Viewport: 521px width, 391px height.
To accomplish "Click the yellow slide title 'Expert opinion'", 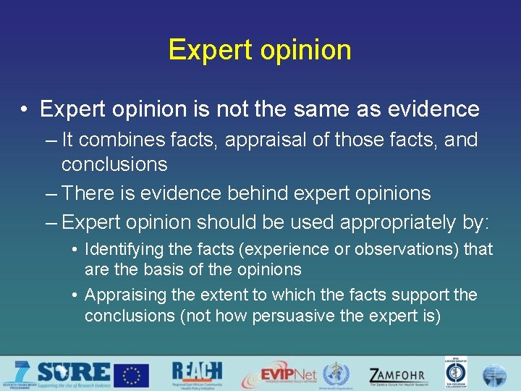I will (260, 50).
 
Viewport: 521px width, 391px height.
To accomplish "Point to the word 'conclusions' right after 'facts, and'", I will (114, 164).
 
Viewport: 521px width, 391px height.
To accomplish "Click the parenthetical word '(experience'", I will (254, 250).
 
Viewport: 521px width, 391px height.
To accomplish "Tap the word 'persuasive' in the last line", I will (289, 316).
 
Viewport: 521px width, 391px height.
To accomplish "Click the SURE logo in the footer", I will (69, 374).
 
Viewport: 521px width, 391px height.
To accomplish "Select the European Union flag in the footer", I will (132, 375).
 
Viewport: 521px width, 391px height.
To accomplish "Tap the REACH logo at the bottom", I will (197, 374).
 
